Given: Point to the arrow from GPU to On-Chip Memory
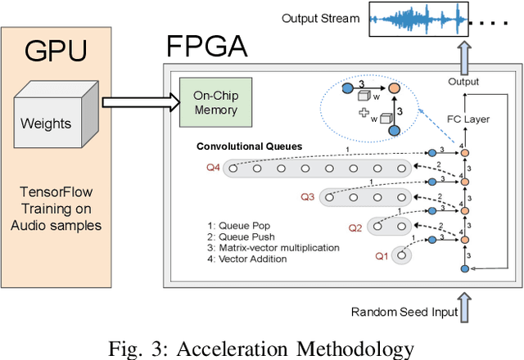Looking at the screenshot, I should tap(147, 101).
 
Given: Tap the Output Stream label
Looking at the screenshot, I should tap(320, 18).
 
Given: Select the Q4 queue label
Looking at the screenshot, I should tap(212, 169).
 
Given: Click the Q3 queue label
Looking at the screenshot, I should tap(307, 197).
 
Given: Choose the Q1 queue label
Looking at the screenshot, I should tap(381, 256).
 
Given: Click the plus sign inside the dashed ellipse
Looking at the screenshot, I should tap(355, 114).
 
